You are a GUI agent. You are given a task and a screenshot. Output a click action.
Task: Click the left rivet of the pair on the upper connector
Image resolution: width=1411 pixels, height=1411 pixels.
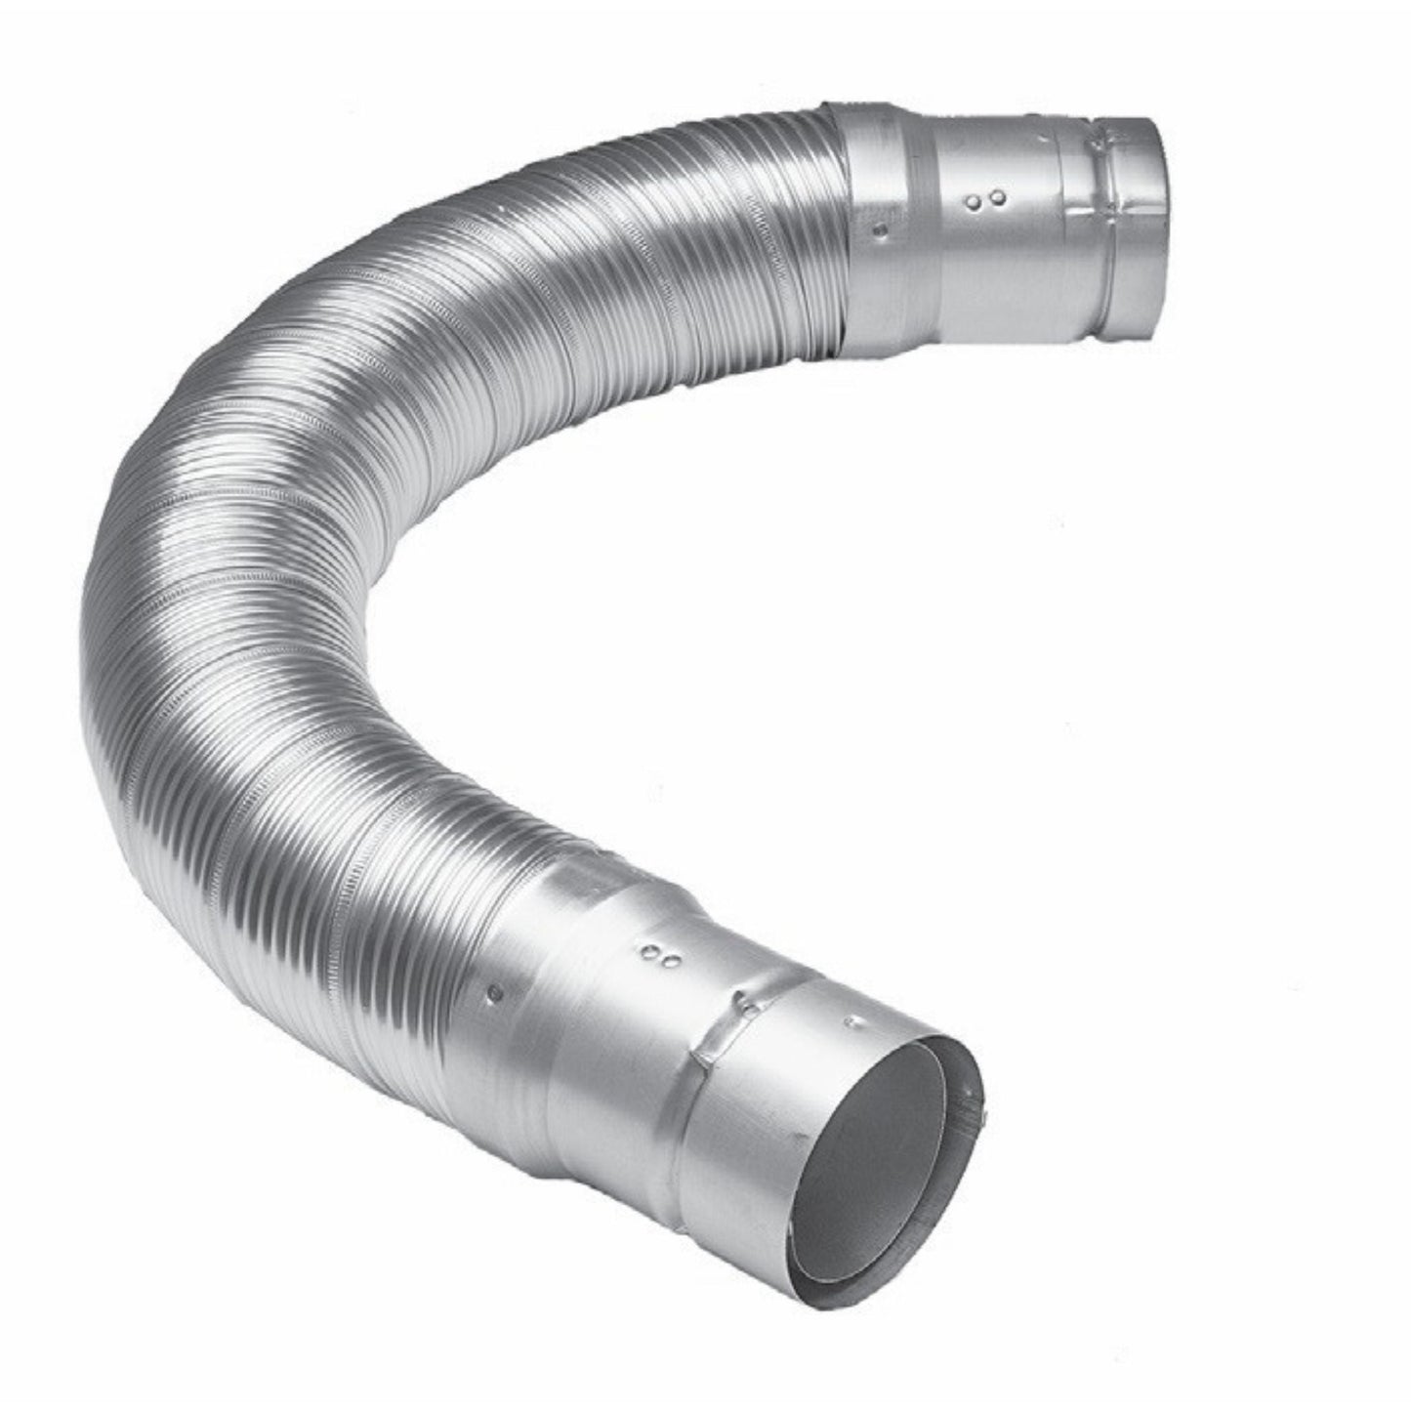point(975,203)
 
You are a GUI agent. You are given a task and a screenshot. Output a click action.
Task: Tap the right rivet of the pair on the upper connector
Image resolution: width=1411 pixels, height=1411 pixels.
point(997,198)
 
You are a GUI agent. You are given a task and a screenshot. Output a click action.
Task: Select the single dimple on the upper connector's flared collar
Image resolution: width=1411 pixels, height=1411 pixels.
point(882,230)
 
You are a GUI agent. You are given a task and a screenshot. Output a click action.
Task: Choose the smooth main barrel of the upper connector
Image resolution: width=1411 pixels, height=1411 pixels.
point(996,254)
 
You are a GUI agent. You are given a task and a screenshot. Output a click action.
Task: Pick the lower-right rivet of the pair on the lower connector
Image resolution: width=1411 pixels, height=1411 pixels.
point(672,963)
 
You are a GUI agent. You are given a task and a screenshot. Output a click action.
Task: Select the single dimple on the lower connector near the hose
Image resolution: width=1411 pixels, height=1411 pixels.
point(495,992)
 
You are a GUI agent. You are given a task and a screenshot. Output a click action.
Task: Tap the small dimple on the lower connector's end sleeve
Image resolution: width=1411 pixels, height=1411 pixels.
point(855,1023)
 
